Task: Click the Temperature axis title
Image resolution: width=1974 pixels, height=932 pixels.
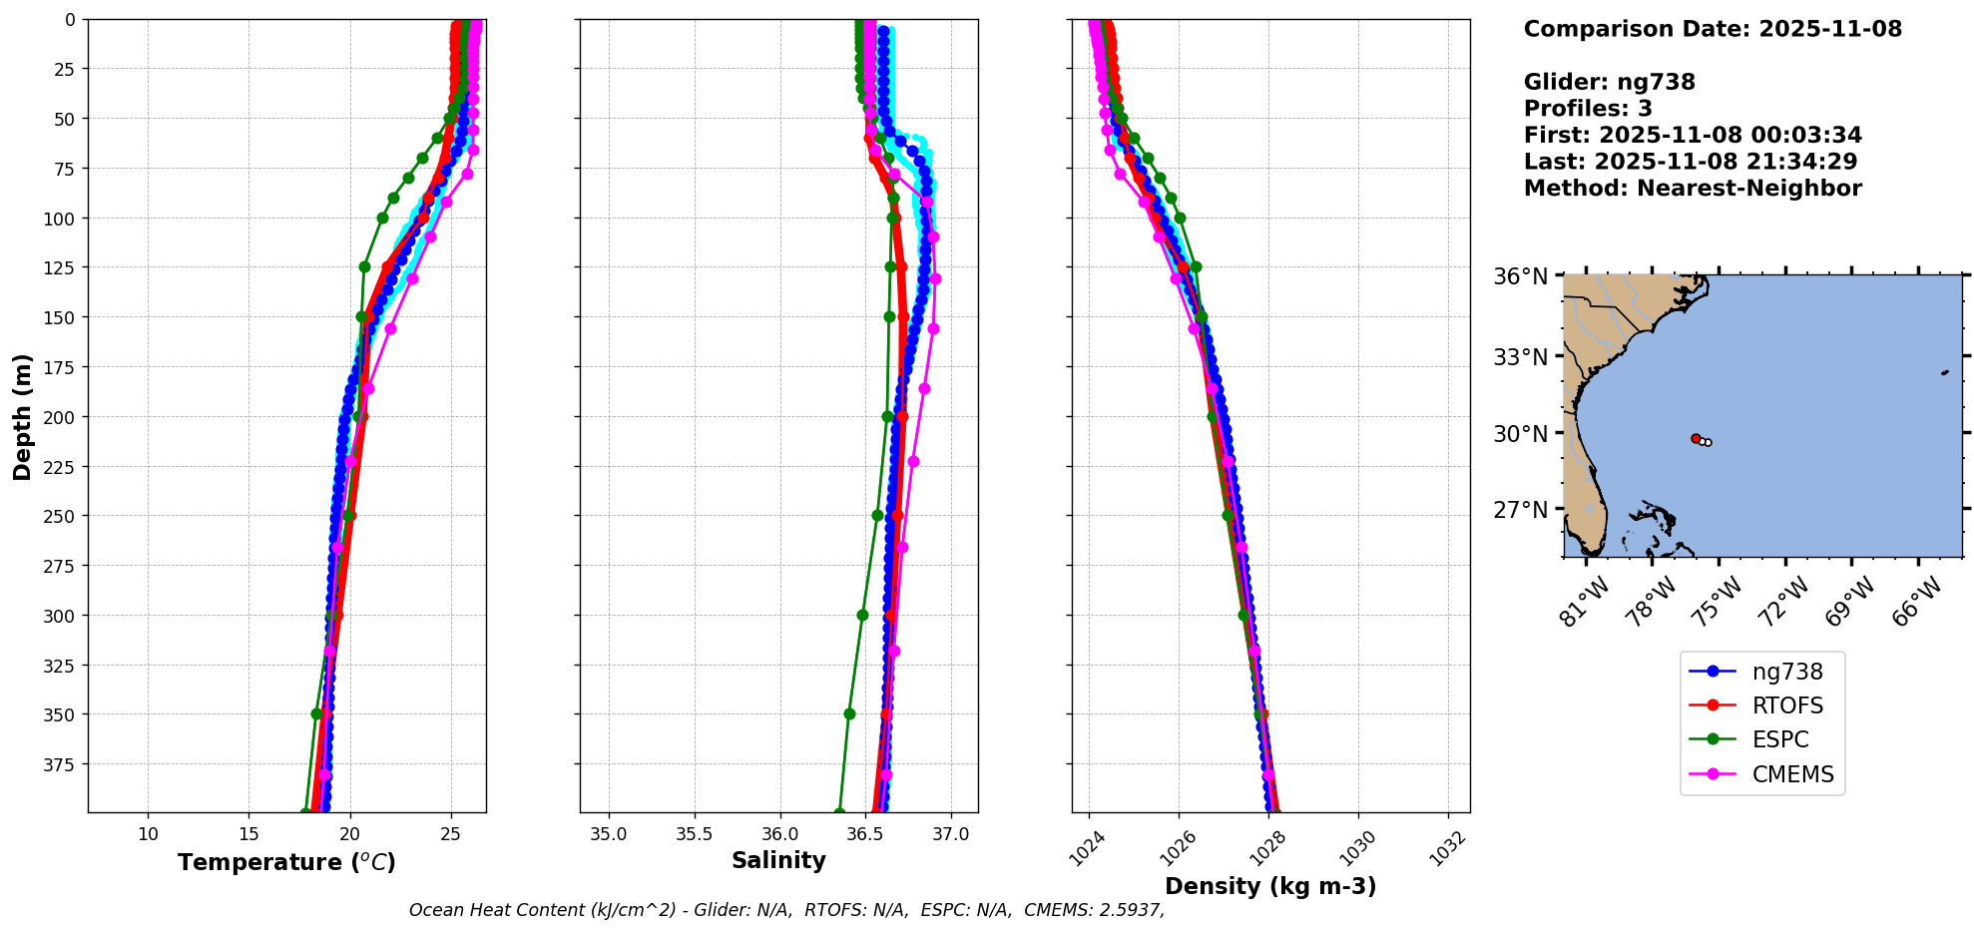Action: pyautogui.click(x=286, y=862)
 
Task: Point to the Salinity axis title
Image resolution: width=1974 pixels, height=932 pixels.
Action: pyautogui.click(x=778, y=860)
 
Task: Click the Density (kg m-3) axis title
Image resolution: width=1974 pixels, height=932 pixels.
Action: pyautogui.click(x=1270, y=886)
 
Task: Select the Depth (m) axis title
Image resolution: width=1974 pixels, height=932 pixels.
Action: pyautogui.click(x=22, y=416)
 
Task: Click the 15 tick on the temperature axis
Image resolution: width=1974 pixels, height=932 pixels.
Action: pyautogui.click(x=249, y=834)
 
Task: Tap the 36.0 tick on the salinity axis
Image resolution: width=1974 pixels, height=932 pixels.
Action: pyautogui.click(x=779, y=834)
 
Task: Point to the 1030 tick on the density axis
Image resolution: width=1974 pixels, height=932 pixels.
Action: pyautogui.click(x=1356, y=847)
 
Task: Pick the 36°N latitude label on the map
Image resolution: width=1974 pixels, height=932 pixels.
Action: pyautogui.click(x=1520, y=276)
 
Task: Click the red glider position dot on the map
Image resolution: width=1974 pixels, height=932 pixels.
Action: pyautogui.click(x=1696, y=438)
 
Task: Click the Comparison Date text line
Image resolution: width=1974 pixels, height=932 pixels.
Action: pyautogui.click(x=1713, y=29)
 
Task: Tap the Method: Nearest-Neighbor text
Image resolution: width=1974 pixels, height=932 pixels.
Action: pyautogui.click(x=1693, y=189)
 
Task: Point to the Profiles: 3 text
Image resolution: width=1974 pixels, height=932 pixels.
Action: pyautogui.click(x=1588, y=109)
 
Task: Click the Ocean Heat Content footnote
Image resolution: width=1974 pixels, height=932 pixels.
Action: pyautogui.click(x=786, y=910)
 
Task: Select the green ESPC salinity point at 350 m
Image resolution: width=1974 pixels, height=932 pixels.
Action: pyautogui.click(x=849, y=713)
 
